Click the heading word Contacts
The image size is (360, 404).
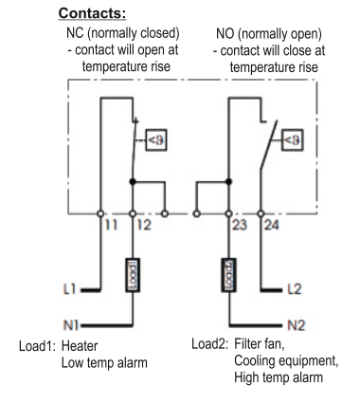(92, 13)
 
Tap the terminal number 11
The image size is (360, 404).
(111, 225)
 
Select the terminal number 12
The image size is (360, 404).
(144, 225)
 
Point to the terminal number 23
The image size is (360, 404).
(240, 225)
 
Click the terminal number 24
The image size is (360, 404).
(272, 225)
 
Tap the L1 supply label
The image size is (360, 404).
(70, 289)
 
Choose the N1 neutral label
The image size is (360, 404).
(71, 325)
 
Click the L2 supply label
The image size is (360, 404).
(295, 289)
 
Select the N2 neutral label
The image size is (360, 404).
(297, 325)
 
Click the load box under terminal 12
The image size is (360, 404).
(133, 275)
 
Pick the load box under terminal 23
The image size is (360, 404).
(228, 275)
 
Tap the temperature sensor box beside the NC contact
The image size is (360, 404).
(155, 139)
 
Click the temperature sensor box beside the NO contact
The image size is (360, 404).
(293, 139)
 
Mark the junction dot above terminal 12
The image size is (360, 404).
(133, 181)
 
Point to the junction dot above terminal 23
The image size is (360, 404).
(228, 181)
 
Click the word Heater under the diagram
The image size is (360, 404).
(80, 345)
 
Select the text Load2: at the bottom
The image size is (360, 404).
(209, 343)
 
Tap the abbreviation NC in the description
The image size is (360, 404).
(75, 33)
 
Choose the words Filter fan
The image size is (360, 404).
(260, 343)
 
